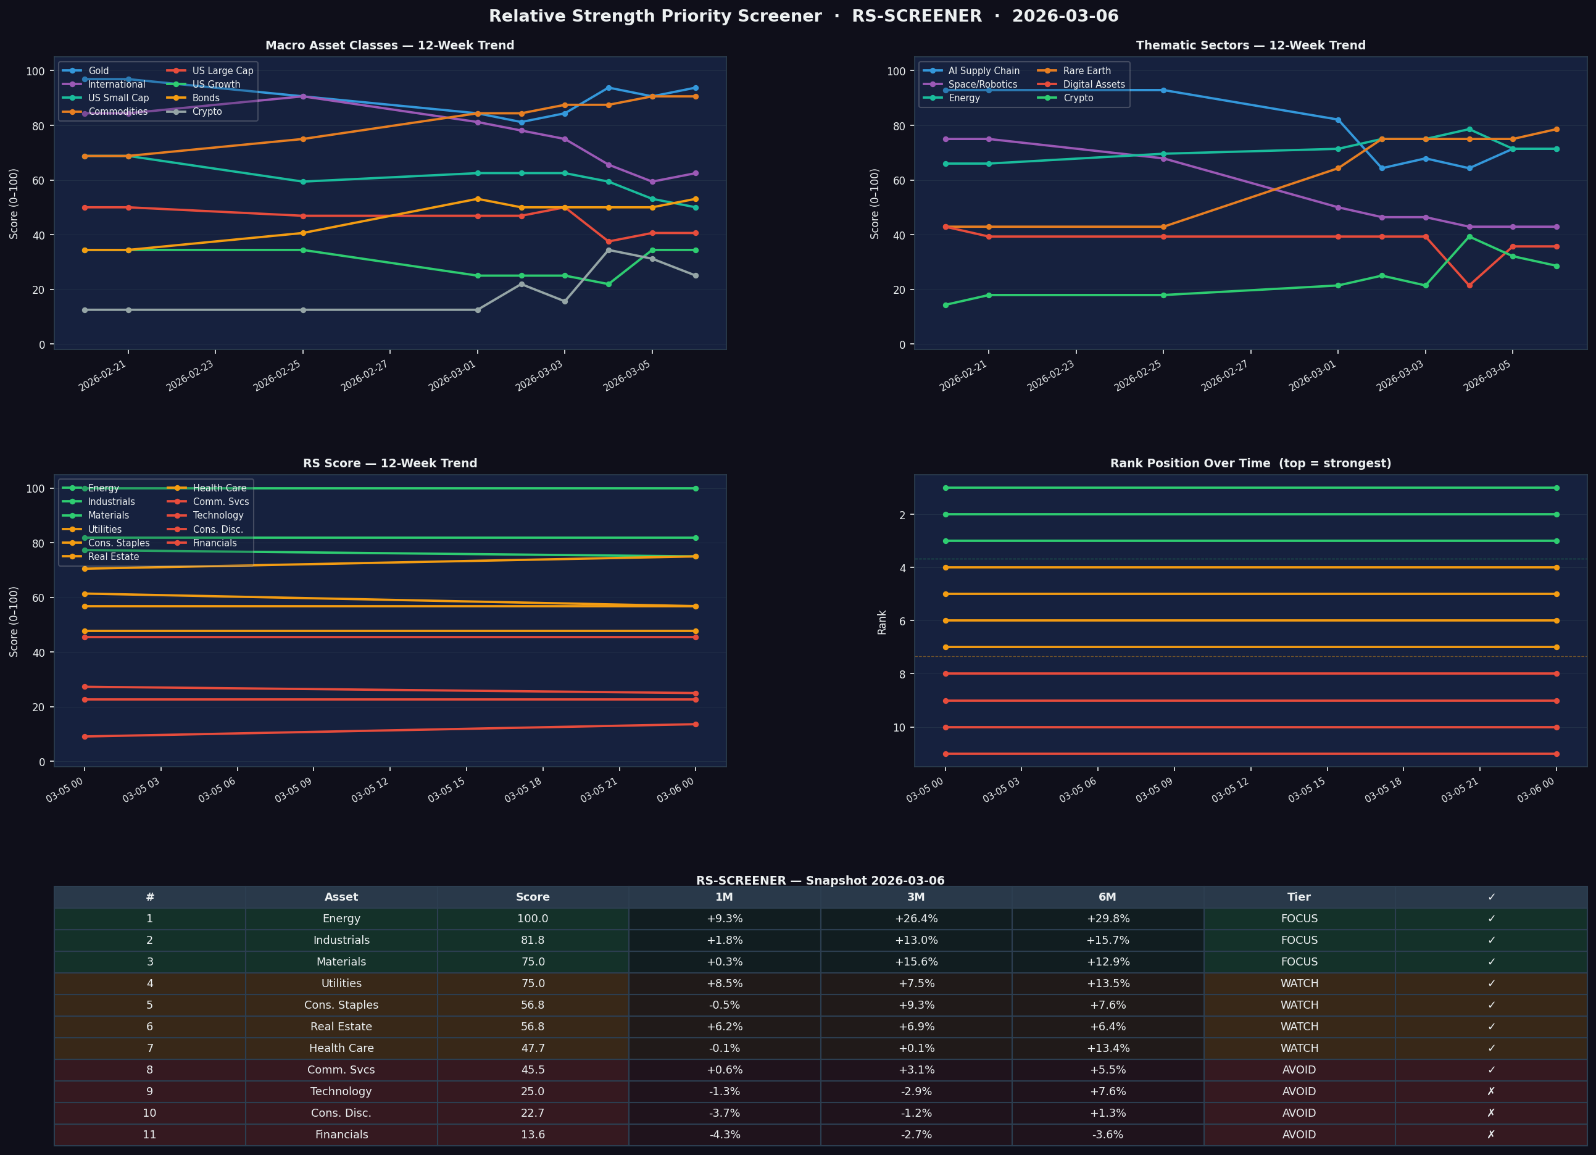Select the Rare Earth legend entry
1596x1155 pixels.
[x=1086, y=71]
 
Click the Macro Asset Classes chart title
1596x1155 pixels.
[x=389, y=46]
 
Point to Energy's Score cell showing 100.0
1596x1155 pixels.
[x=532, y=919]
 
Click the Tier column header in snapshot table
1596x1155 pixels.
[x=1299, y=897]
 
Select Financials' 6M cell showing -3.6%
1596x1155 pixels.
[x=1107, y=1135]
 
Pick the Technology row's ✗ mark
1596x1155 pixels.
[x=1490, y=1091]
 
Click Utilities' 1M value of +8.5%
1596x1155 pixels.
[x=724, y=983]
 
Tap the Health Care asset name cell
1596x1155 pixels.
[x=341, y=1048]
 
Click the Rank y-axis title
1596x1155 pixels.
[x=882, y=622]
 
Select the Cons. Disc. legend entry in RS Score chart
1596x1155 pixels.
[x=217, y=529]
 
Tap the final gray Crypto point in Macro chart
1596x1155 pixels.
[x=696, y=275]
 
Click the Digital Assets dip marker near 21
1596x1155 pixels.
[x=1469, y=285]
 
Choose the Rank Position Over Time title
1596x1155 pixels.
[x=1250, y=463]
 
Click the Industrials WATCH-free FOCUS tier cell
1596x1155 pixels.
[x=1299, y=940]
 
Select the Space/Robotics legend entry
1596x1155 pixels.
[x=983, y=85]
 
